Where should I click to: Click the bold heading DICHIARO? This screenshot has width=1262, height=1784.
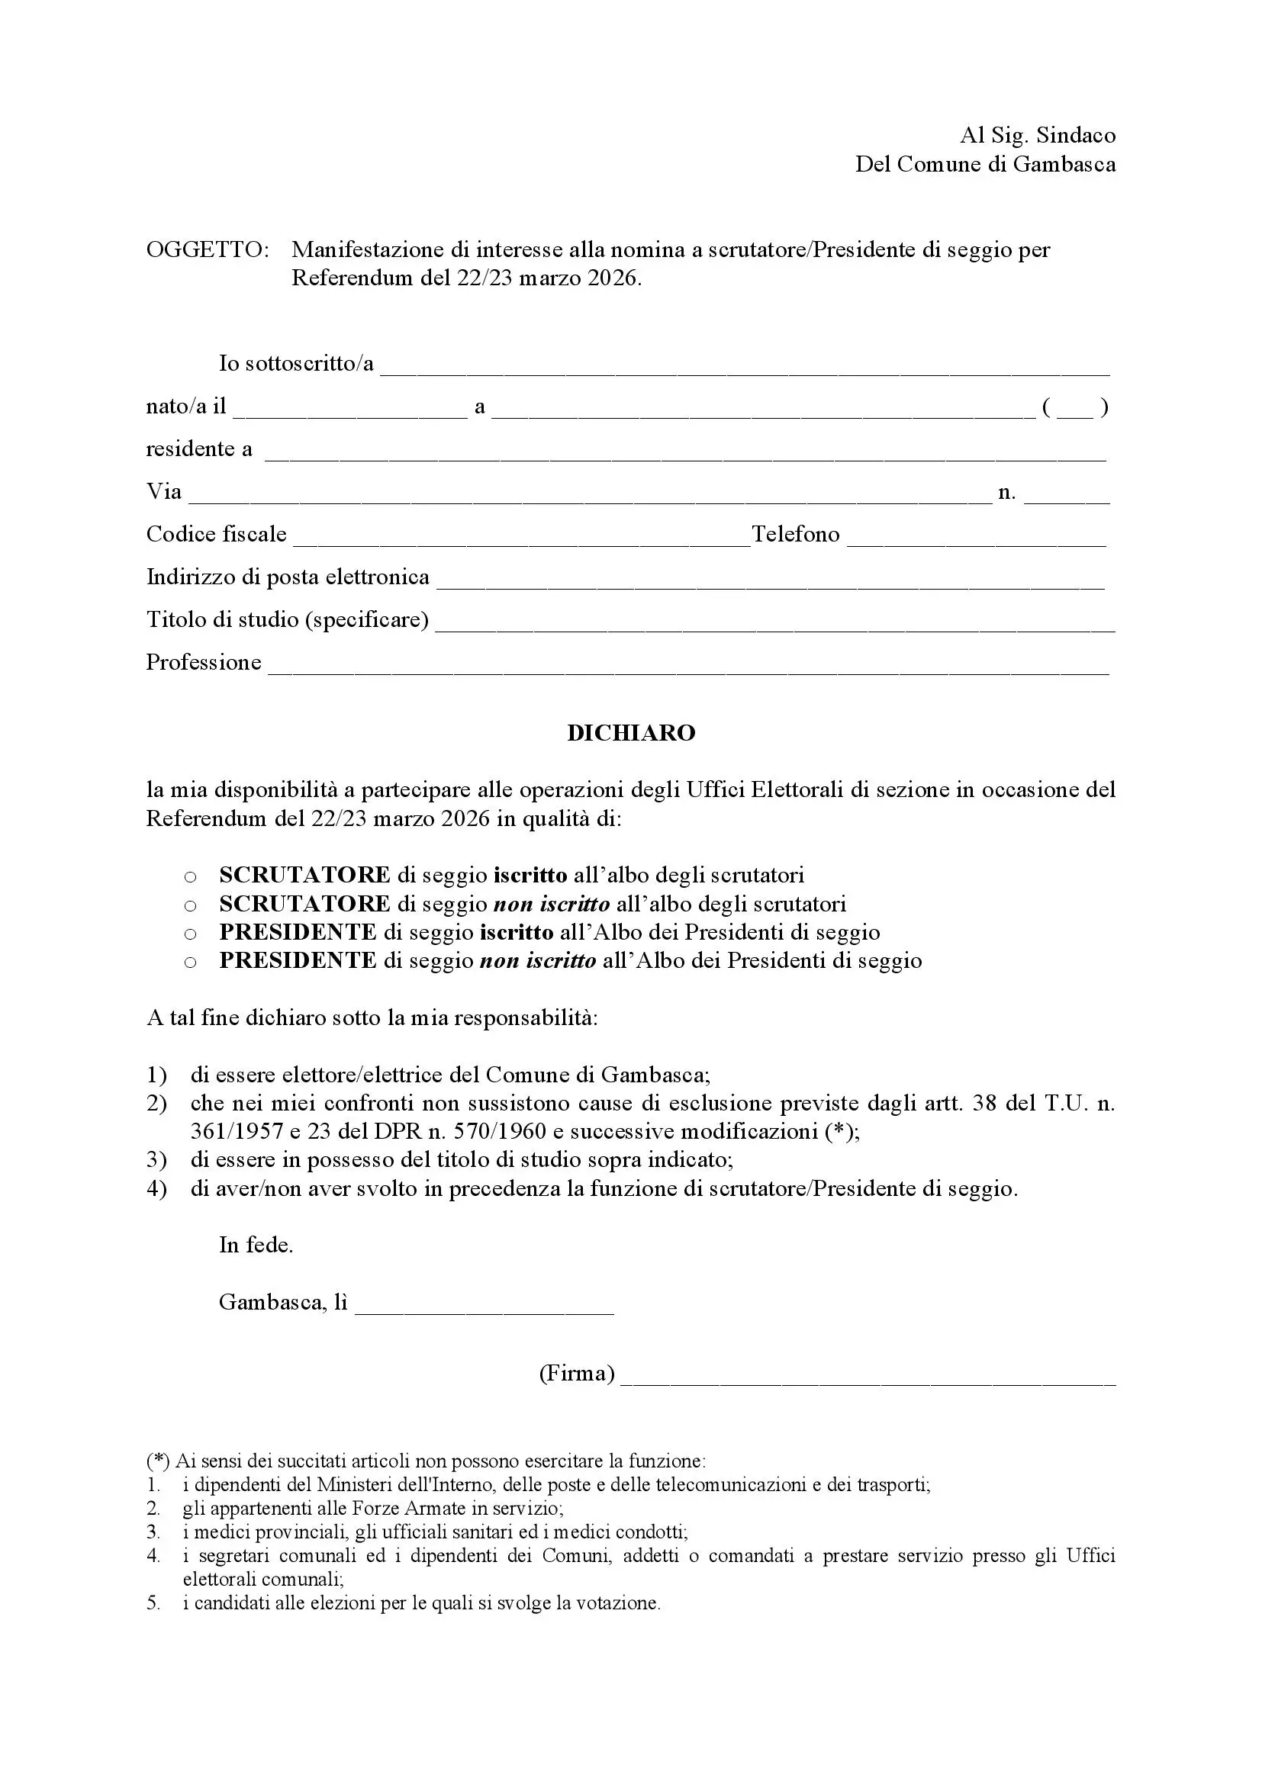[631, 733]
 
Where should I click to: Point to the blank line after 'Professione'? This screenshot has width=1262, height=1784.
[688, 666]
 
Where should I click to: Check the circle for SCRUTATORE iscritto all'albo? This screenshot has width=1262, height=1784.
[191, 877]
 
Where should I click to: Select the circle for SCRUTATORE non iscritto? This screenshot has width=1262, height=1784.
[191, 906]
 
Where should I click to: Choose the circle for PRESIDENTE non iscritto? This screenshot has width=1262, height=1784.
[191, 963]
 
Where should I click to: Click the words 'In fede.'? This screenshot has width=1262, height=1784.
[256, 1245]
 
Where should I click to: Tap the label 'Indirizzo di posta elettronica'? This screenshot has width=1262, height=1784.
[288, 577]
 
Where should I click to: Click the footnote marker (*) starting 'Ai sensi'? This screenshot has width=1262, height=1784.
[158, 1461]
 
